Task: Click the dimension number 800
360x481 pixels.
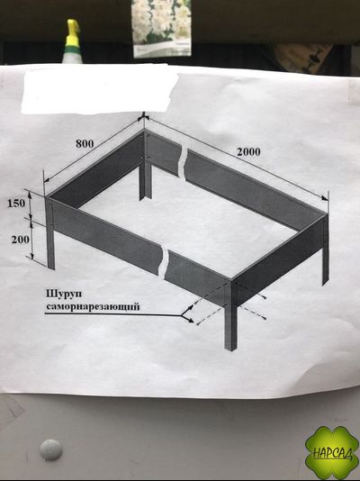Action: [85, 143]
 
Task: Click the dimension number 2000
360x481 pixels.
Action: [248, 151]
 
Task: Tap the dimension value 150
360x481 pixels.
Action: [16, 203]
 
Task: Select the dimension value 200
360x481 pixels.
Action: [21, 240]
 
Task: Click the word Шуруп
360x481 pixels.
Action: [64, 294]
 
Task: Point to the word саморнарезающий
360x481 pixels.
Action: [93, 306]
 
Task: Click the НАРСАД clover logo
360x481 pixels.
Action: [332, 452]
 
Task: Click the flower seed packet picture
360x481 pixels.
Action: [162, 28]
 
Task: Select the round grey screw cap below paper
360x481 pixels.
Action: [51, 449]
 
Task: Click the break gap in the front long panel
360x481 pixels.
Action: [163, 261]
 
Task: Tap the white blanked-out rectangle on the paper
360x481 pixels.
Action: [100, 88]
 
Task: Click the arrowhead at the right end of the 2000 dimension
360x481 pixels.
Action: [325, 198]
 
